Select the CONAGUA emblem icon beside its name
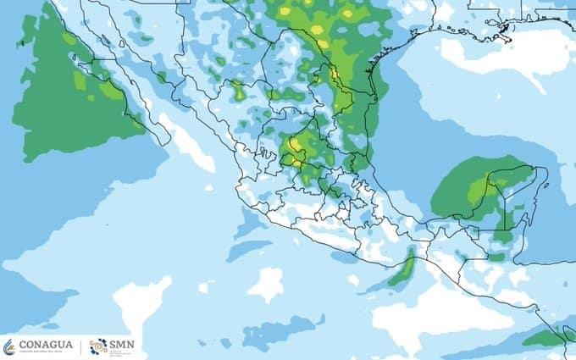click(9, 347)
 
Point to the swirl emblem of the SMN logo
click(98, 346)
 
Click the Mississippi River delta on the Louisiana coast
click(506, 31)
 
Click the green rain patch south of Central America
click(542, 338)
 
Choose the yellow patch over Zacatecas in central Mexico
click(295, 147)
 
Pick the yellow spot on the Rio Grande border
click(319, 30)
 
